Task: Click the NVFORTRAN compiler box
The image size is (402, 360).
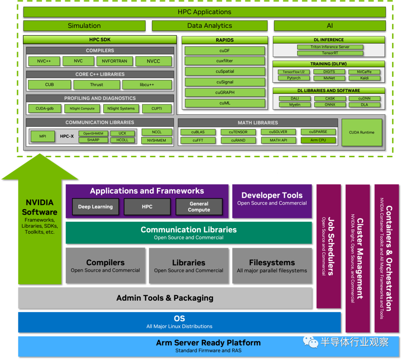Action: click(114, 61)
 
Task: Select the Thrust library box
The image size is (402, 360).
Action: click(97, 85)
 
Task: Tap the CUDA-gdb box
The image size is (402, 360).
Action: click(44, 108)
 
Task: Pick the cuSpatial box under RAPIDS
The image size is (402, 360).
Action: click(225, 72)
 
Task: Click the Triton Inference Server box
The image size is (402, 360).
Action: click(330, 47)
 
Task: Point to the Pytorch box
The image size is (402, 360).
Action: click(294, 78)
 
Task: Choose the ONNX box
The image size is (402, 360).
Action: click(330, 105)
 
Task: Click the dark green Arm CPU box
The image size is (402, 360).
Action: click(318, 140)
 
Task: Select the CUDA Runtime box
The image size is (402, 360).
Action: click(361, 133)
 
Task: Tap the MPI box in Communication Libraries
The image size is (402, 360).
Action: click(43, 136)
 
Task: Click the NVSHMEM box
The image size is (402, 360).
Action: click(157, 140)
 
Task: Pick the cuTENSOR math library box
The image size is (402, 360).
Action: click(238, 132)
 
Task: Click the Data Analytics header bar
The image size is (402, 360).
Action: click(210, 26)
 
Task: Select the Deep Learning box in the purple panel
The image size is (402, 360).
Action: click(95, 207)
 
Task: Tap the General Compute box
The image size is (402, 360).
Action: click(199, 207)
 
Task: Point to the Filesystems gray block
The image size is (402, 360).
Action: click(272, 266)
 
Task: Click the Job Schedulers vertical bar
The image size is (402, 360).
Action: click(328, 246)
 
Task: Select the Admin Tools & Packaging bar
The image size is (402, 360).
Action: click(165, 298)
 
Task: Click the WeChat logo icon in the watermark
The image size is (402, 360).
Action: click(310, 341)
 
